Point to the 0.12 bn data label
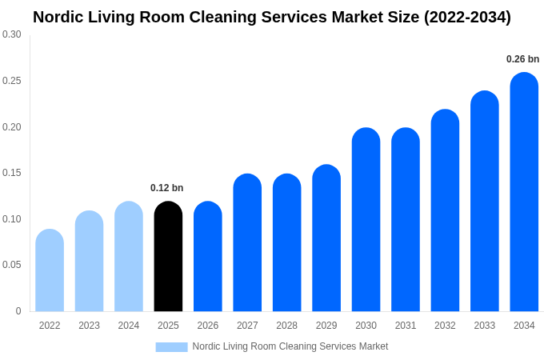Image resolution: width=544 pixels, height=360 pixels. point(166,188)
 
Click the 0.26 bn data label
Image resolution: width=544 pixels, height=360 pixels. point(522,59)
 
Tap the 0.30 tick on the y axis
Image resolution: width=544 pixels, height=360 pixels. point(12,34)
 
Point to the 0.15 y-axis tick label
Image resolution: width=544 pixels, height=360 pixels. point(12,173)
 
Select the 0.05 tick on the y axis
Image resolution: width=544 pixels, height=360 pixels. point(12,265)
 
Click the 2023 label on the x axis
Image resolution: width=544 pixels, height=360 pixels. point(89,326)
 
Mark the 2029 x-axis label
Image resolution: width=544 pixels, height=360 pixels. point(326,326)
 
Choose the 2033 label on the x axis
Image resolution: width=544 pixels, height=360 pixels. point(484,326)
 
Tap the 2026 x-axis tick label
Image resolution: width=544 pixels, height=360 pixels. point(207,326)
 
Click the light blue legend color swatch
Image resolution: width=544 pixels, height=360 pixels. point(171,347)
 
